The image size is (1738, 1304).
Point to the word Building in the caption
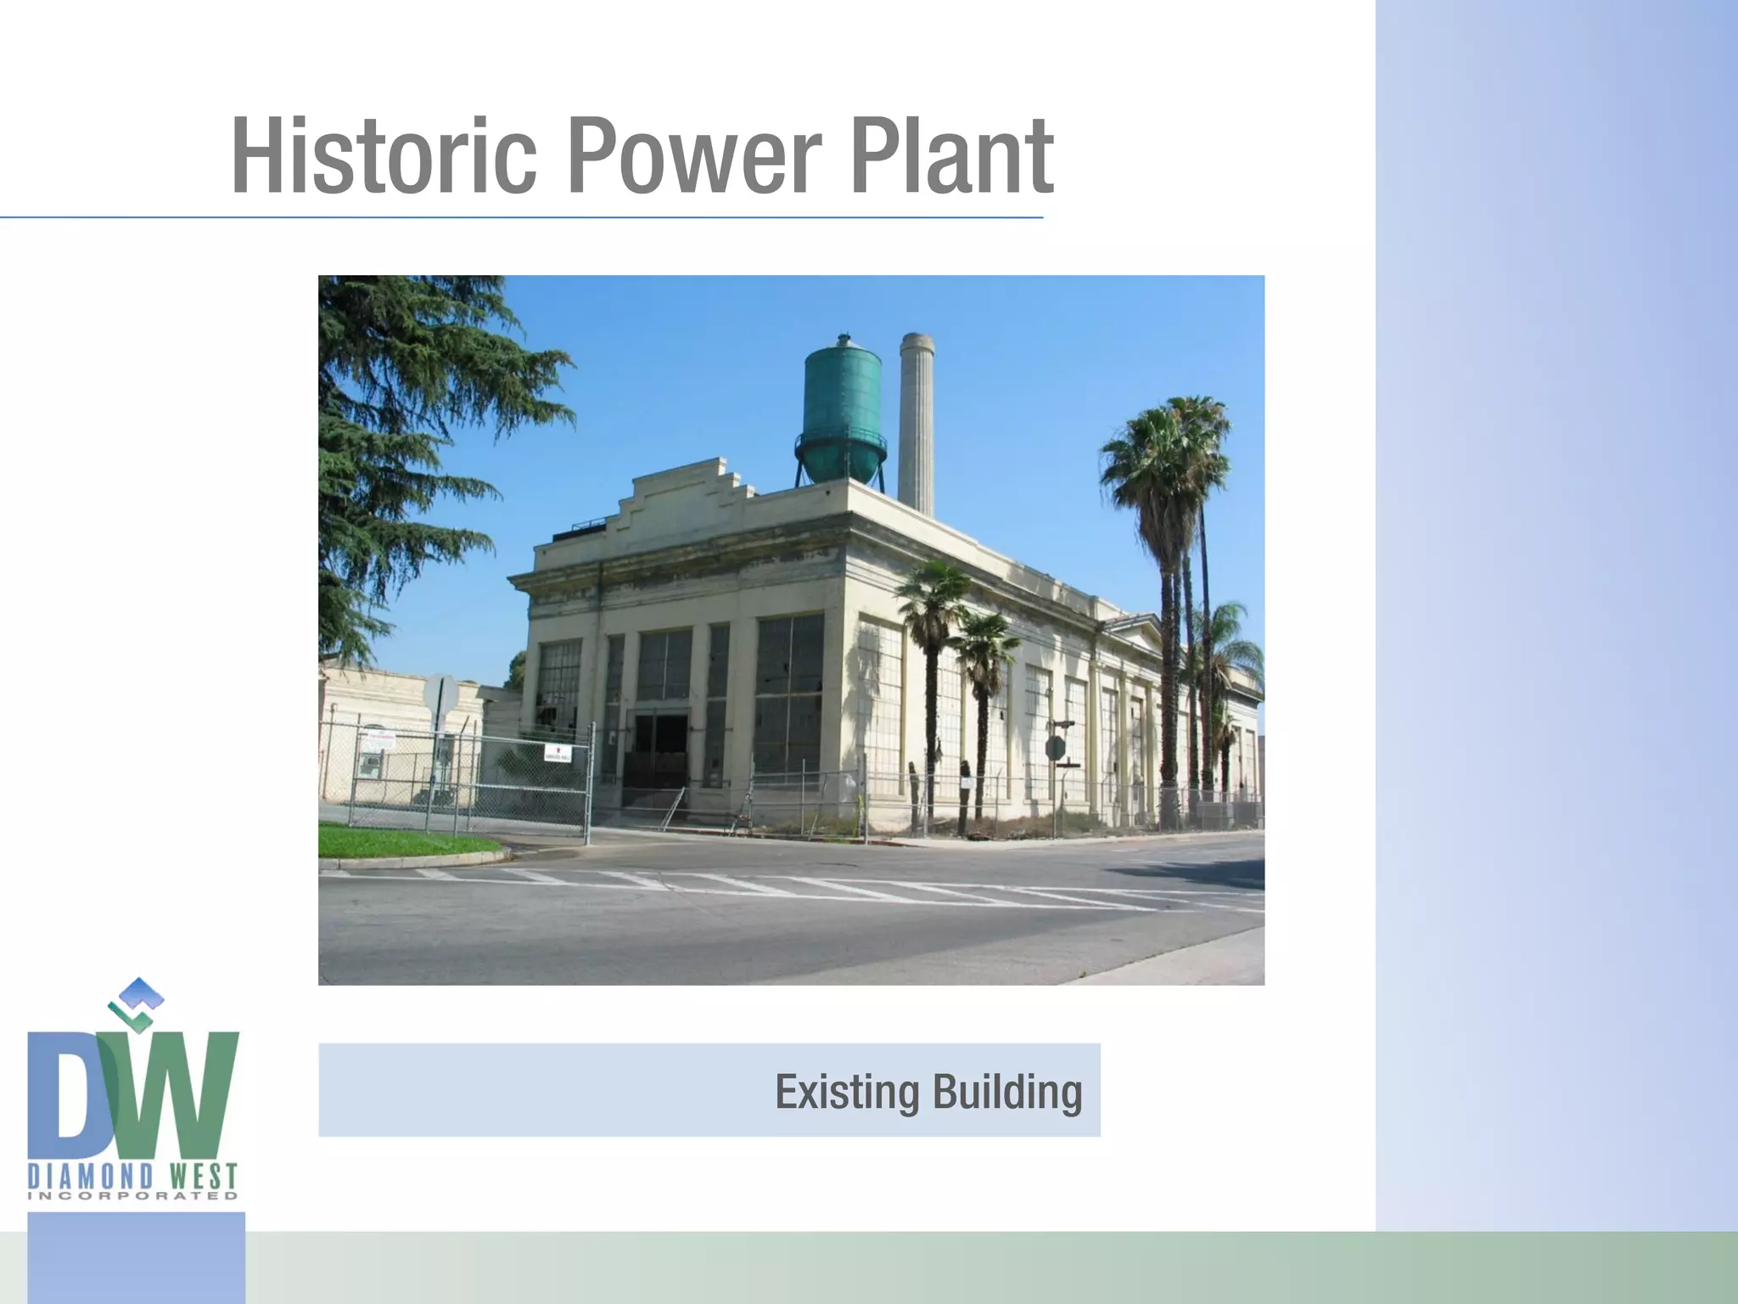[1007, 1092]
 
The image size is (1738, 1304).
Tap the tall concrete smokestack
[916, 424]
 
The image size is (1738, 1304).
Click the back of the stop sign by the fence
[440, 694]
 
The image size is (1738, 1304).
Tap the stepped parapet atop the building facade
[679, 488]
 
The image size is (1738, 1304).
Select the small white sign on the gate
[558, 751]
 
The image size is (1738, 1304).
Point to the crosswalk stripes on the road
[789, 887]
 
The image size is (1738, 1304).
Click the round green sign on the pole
[1055, 748]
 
